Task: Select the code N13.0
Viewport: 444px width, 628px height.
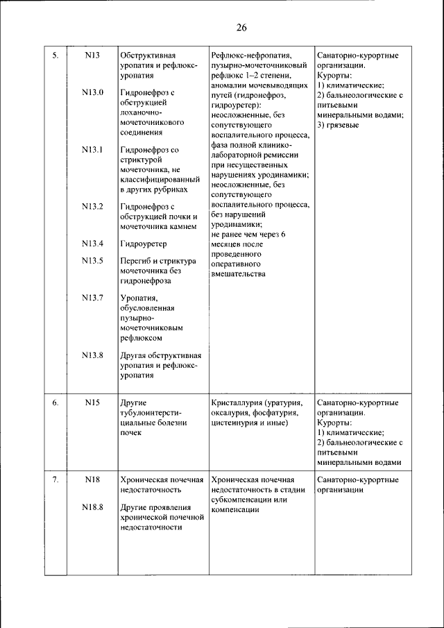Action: (92, 92)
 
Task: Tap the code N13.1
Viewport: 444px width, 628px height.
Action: (92, 149)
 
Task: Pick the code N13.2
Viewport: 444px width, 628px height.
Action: (92, 206)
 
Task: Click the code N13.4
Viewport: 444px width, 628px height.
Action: (92, 244)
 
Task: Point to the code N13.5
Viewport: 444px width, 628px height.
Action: (92, 261)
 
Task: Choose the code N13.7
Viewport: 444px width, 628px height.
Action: (92, 298)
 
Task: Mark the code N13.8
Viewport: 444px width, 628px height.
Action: (92, 355)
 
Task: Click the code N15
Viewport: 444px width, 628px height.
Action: (92, 402)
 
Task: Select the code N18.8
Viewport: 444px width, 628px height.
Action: (92, 507)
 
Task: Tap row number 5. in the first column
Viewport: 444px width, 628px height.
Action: (55, 56)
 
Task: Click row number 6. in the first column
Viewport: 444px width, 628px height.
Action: (55, 402)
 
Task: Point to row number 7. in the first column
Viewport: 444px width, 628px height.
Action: (55, 480)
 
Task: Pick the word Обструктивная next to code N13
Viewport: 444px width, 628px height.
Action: (148, 56)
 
